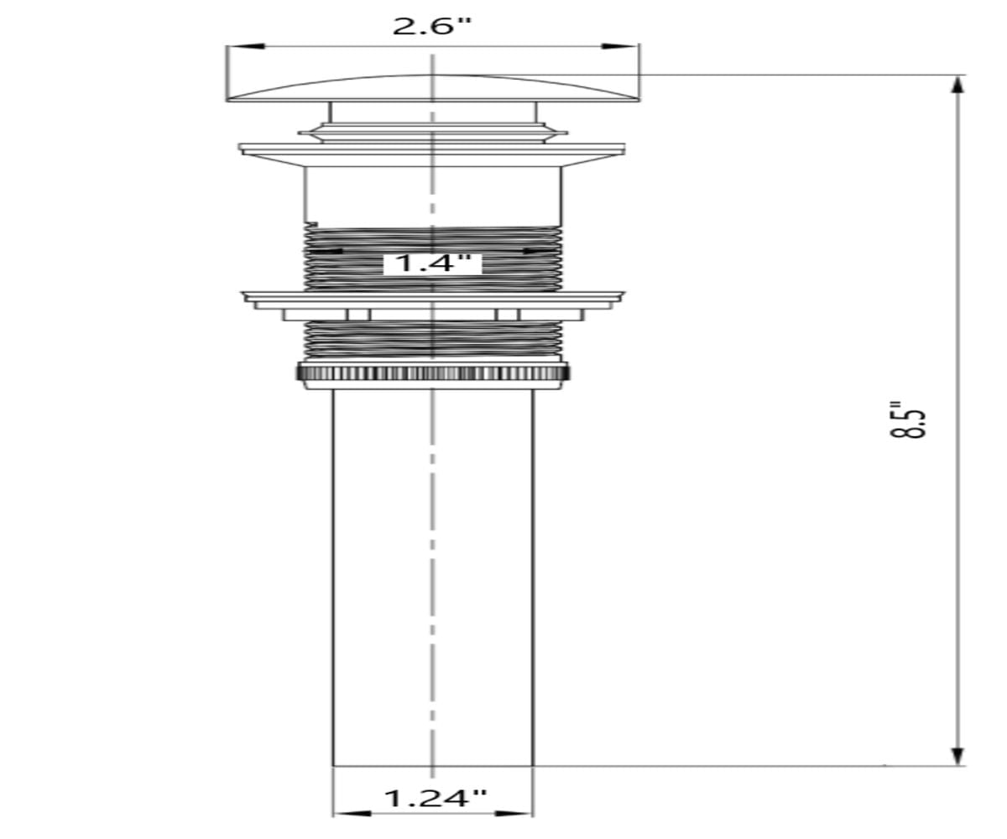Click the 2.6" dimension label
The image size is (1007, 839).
point(430,26)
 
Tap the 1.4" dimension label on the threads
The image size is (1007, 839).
point(432,263)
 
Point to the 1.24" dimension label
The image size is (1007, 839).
point(435,798)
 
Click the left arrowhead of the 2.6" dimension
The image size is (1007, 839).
point(246,46)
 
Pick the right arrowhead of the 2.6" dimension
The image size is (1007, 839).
point(620,46)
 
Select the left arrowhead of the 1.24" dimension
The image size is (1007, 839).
point(352,814)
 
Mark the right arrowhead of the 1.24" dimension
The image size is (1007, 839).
point(514,814)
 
